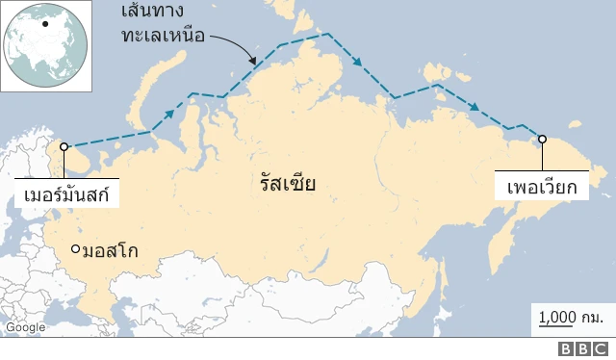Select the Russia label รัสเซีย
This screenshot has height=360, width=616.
pos(287,184)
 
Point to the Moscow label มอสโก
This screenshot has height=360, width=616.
pos(110,251)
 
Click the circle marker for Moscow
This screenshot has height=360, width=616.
pos(76,250)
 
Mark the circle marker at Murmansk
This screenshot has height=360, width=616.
pos(64,147)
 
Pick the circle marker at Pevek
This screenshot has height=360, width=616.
pos(542,139)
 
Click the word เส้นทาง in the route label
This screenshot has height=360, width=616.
pos(159,14)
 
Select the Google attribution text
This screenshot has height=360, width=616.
pos(25,327)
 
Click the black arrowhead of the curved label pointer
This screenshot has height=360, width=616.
pos(254,62)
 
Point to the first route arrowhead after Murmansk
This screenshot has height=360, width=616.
pos(169,114)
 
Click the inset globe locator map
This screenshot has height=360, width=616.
pos(45,45)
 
